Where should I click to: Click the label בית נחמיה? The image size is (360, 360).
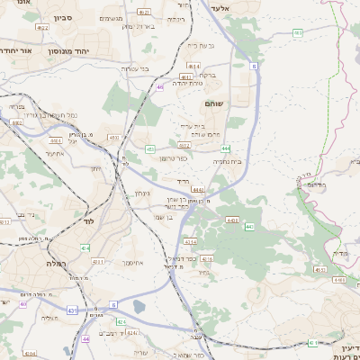pyautogui.click(x=229, y=161)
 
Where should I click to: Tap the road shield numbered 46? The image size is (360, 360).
pyautogui.click(x=159, y=87)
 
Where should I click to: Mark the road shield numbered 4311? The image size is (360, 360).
pyautogui.click(x=98, y=262)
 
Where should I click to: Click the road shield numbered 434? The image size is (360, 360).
pyautogui.click(x=84, y=247)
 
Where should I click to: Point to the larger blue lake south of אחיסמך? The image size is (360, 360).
pyautogui.click(x=139, y=307)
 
